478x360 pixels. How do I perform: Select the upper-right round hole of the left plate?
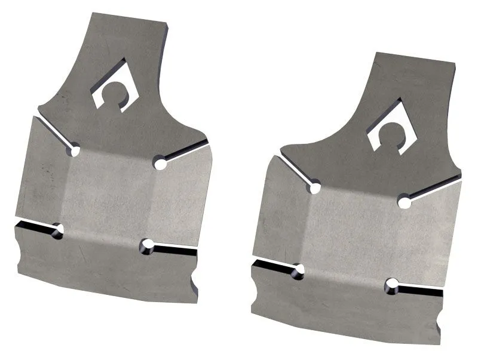click(159, 162)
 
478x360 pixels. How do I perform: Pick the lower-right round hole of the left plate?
click(147, 246)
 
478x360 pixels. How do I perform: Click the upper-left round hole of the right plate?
click(314, 189)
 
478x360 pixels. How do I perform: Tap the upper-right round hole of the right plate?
click(405, 202)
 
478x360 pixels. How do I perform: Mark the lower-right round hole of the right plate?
click(392, 285)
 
